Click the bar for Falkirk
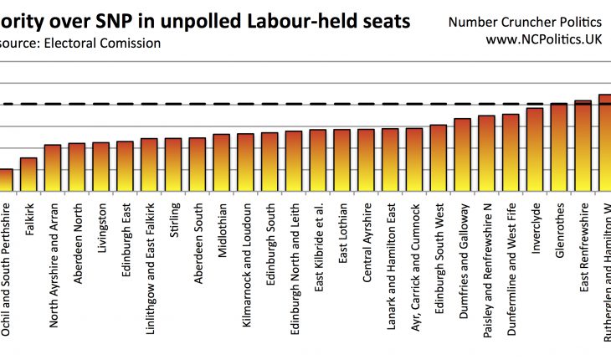pyautogui.click(x=28, y=174)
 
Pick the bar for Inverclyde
pyautogui.click(x=535, y=149)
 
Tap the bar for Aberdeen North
pyautogui.click(x=76, y=167)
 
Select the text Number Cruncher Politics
pyautogui.click(x=531, y=21)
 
